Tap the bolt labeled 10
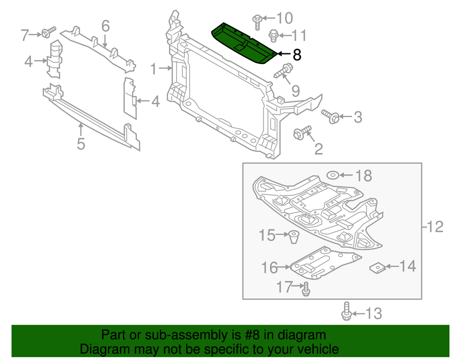[257, 21]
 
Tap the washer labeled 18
[333, 174]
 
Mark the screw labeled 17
[305, 289]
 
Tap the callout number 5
[81, 143]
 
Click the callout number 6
[105, 25]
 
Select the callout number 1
[153, 69]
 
